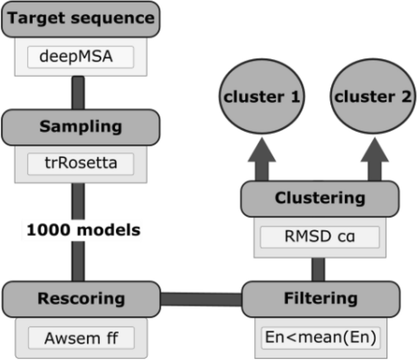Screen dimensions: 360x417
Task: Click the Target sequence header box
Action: (81, 19)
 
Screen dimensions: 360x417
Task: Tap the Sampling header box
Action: (81, 126)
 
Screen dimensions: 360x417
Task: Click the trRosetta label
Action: (81, 163)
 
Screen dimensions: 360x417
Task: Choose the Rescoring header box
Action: (81, 298)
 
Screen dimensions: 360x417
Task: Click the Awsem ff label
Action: (81, 337)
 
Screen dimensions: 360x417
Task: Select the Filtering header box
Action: (322, 298)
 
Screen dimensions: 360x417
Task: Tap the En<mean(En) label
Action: (320, 337)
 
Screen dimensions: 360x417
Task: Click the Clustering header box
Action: (320, 198)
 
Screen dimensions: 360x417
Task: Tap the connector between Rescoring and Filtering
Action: (201, 299)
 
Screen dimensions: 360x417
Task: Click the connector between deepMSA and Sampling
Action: (78, 92)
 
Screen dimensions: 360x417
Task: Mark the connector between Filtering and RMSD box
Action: (318, 269)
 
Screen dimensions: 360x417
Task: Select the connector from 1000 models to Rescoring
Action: (78, 260)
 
